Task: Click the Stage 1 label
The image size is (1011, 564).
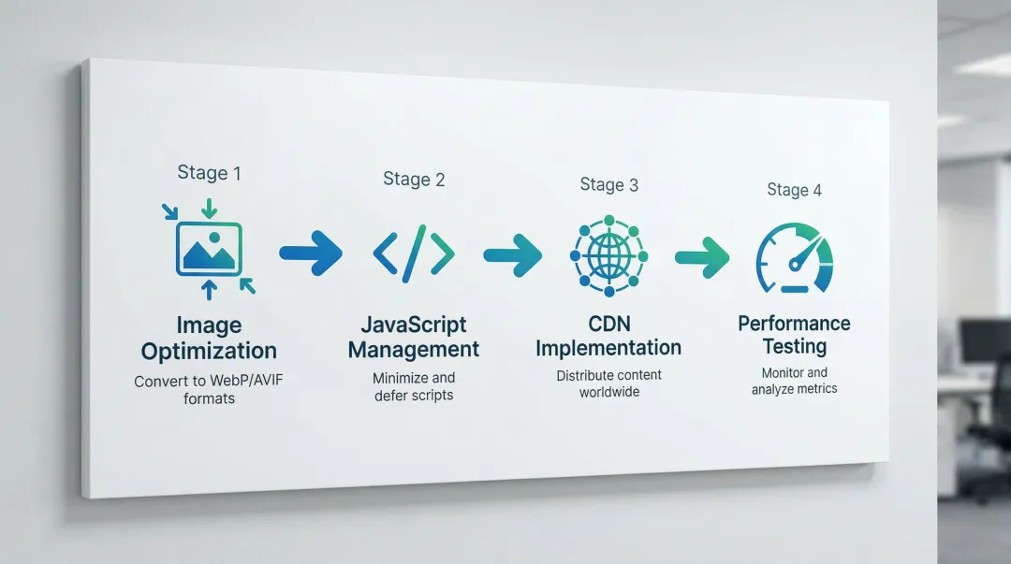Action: point(209,173)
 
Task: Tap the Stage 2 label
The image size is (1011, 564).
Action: point(414,180)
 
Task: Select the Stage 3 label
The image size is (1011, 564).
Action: point(608,184)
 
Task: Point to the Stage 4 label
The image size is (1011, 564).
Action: point(794,190)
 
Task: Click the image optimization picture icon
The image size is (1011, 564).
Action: point(209,248)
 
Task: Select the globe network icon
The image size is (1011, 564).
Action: point(608,253)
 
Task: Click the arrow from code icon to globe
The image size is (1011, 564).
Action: point(512,254)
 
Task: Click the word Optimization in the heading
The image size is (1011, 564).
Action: point(209,352)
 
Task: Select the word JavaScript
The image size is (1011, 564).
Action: point(414,325)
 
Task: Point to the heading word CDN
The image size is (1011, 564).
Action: point(608,324)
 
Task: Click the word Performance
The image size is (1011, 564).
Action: point(794,324)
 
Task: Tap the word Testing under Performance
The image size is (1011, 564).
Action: point(794,347)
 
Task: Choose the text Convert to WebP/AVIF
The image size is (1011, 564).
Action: point(209,382)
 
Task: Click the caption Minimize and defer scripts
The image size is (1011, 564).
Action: point(414,386)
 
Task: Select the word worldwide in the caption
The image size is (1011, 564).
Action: point(608,392)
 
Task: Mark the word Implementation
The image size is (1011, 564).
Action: point(608,348)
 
